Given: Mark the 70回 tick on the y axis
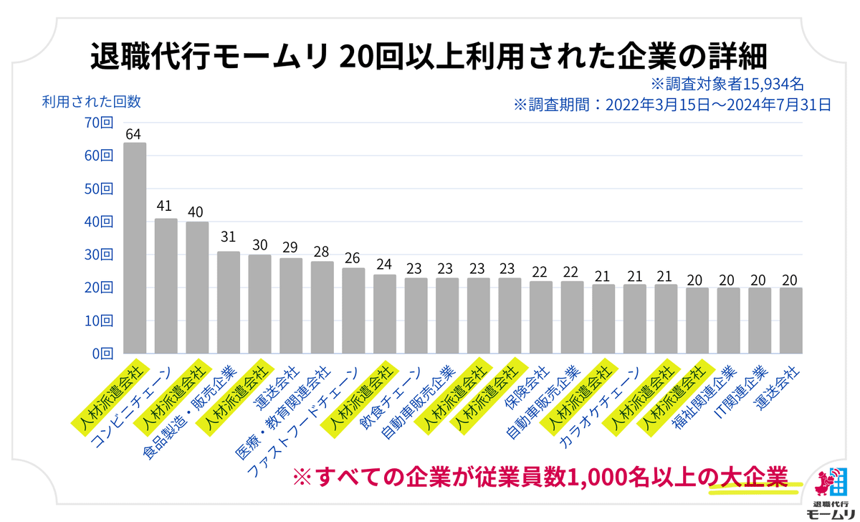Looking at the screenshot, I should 98,123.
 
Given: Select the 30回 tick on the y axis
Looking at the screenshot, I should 98,255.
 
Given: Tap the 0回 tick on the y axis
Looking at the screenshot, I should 102,353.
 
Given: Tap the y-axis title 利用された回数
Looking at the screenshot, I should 91,101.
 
